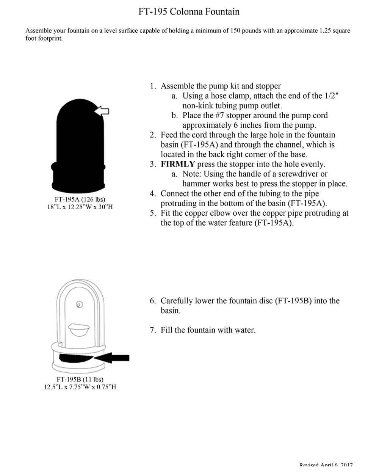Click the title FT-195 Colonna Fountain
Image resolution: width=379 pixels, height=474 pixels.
[x=189, y=12]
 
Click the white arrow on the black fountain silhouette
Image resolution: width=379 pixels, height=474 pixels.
[x=101, y=111]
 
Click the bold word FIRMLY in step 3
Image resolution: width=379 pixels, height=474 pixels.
[x=178, y=164]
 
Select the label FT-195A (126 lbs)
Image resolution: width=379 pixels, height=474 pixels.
[x=80, y=199]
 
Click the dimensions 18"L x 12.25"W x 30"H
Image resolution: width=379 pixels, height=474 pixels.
[x=80, y=207]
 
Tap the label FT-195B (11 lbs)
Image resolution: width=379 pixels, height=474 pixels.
[x=80, y=379]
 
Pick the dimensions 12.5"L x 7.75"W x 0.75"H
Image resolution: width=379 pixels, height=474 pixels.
[x=80, y=387]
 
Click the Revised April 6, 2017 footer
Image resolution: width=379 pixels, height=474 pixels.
[x=326, y=465]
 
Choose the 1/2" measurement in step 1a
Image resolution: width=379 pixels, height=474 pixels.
[x=332, y=96]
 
